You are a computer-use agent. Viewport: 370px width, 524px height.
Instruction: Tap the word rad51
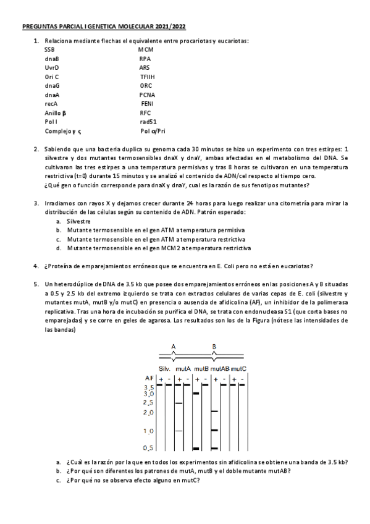click(x=148, y=122)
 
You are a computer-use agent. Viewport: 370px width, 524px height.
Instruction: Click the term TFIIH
click(x=148, y=77)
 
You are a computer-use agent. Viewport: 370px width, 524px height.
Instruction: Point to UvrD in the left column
click(x=52, y=67)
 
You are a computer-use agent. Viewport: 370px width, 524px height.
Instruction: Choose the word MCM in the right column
click(x=146, y=49)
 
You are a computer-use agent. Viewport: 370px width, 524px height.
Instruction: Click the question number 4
click(x=36, y=266)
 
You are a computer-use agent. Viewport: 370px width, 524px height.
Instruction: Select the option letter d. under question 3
click(x=58, y=248)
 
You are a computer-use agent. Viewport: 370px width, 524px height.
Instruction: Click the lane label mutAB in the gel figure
click(x=220, y=368)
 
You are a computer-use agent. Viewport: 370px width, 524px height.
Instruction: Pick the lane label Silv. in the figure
click(x=164, y=368)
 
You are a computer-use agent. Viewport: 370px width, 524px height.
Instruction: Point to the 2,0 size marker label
click(x=148, y=412)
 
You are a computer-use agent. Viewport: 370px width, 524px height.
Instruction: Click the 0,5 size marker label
click(x=148, y=447)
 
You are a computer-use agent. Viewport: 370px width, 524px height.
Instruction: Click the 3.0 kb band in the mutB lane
click(x=197, y=393)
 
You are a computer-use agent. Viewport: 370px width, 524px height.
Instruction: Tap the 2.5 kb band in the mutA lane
click(x=179, y=403)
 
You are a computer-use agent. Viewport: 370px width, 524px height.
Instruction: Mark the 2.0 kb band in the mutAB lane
click(x=215, y=412)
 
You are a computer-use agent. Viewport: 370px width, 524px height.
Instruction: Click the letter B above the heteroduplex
click(x=214, y=347)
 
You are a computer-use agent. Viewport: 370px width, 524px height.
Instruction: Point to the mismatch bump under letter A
click(x=174, y=358)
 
